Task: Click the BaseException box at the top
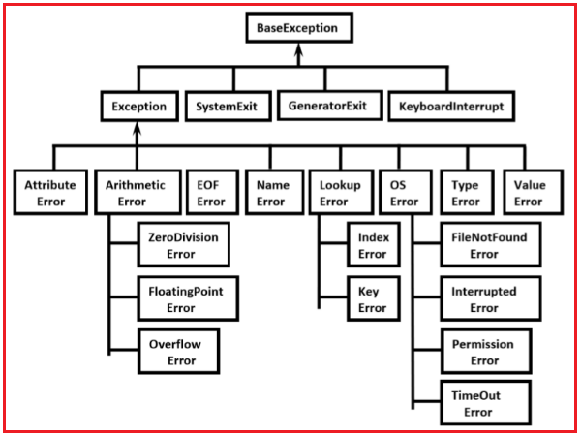click(297, 28)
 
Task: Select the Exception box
click(138, 105)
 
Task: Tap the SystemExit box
click(228, 105)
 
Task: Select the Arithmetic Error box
click(136, 193)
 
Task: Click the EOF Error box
click(210, 193)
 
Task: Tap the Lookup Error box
click(339, 193)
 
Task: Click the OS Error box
click(405, 193)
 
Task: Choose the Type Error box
click(466, 193)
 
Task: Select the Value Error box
click(529, 193)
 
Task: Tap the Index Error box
click(372, 245)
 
